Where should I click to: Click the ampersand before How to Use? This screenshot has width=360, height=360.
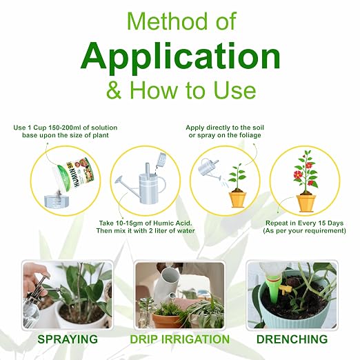click(114, 90)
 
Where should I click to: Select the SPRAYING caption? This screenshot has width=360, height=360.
click(68, 339)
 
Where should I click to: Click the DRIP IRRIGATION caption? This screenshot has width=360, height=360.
click(180, 339)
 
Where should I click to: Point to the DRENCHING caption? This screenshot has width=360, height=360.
click(292, 339)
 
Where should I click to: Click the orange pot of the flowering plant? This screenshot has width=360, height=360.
click(306, 203)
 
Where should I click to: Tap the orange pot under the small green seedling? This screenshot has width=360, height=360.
click(238, 199)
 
